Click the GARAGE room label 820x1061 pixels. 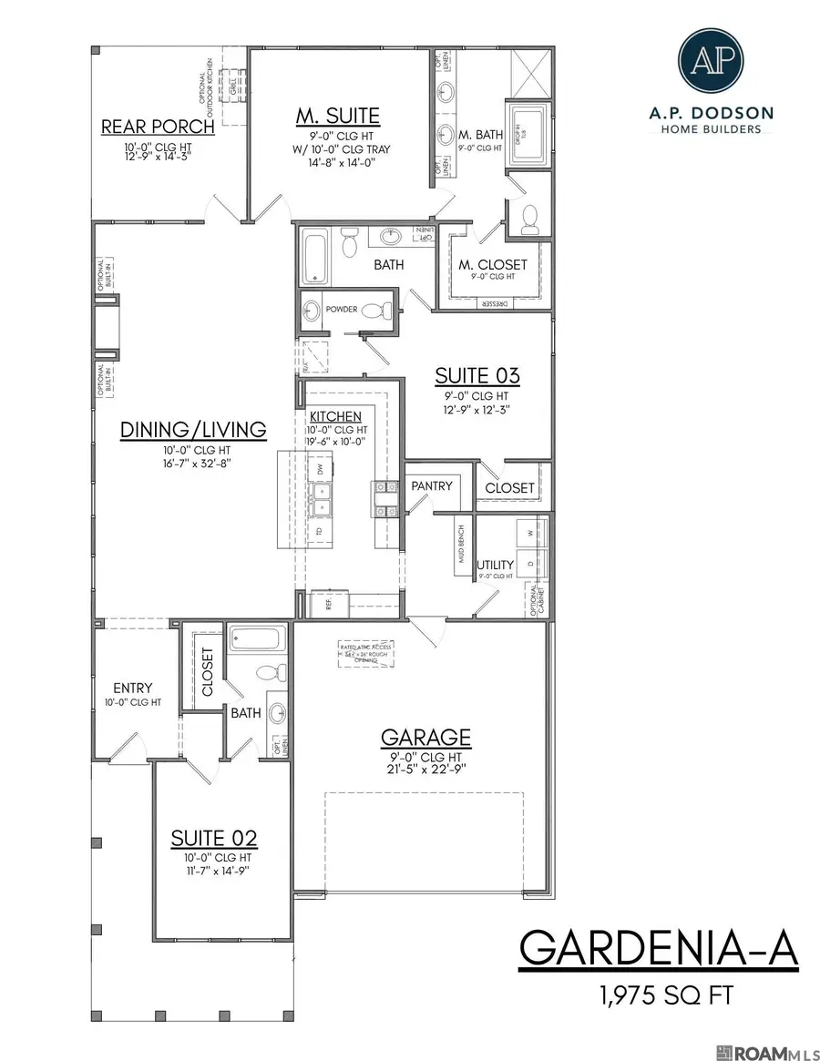(x=426, y=736)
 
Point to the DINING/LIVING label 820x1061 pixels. (x=193, y=429)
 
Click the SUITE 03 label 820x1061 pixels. (x=477, y=375)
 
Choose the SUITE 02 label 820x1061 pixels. (x=215, y=838)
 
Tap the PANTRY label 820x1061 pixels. (x=431, y=486)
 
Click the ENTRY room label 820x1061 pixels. (x=132, y=688)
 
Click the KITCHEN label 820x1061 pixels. (x=337, y=416)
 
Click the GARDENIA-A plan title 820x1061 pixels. (x=658, y=949)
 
